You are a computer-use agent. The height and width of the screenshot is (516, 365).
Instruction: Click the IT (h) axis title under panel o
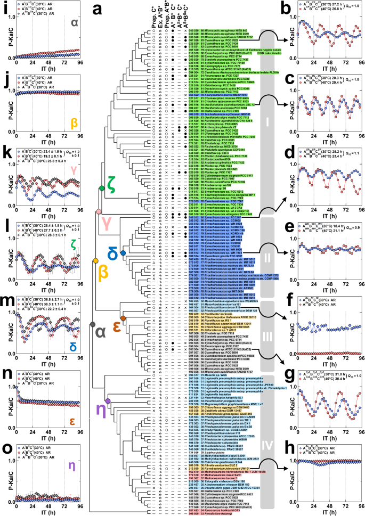pos(37,511)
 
